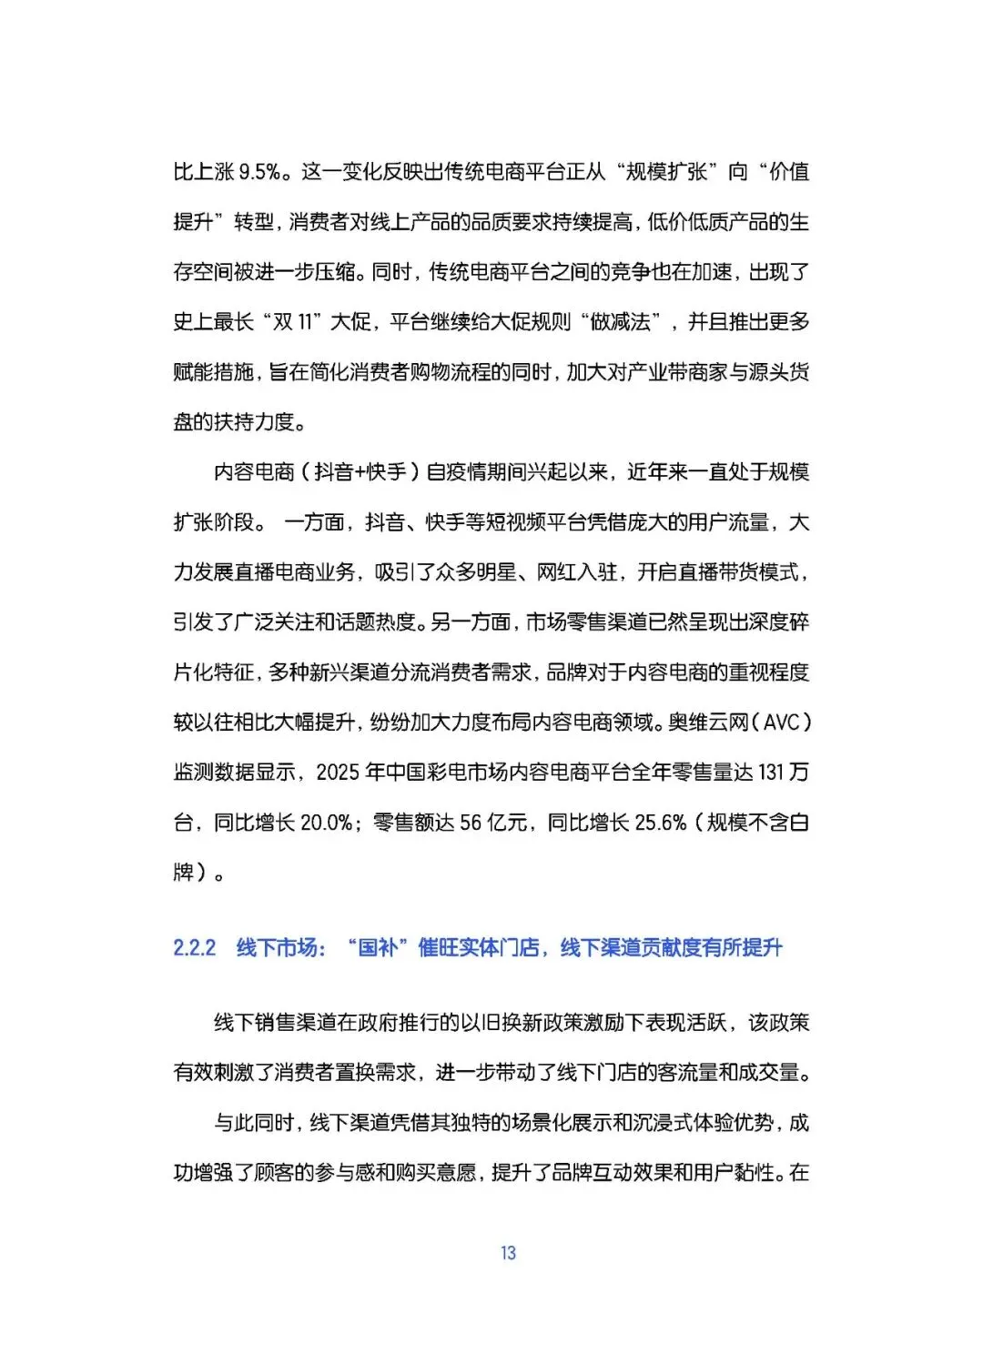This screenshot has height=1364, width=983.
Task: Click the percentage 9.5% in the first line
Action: click(x=259, y=172)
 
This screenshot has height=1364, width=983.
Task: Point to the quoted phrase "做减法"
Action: click(x=621, y=322)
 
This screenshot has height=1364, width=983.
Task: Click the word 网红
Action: click(x=556, y=572)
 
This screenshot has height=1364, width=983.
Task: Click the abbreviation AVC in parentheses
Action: click(x=781, y=722)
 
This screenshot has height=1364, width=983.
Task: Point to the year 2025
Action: click(x=336, y=773)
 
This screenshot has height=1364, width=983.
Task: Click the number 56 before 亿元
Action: click(x=470, y=823)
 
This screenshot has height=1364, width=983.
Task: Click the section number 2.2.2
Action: click(x=195, y=948)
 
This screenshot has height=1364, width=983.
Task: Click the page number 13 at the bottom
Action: click(x=508, y=1253)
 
